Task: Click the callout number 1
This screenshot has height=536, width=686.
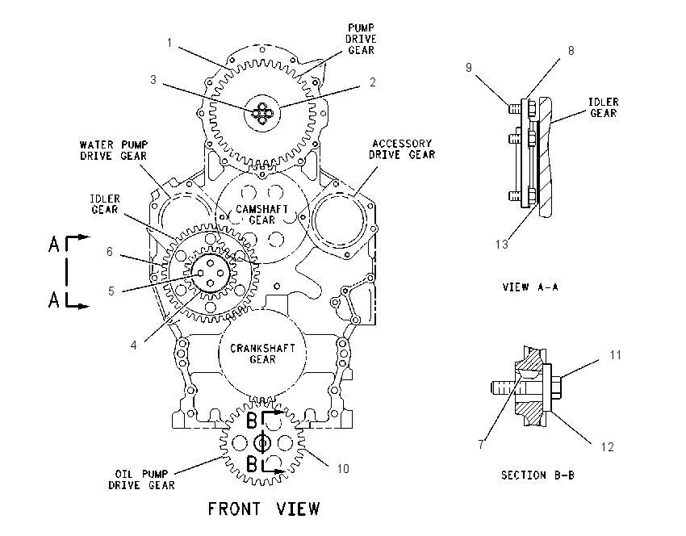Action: [169, 43]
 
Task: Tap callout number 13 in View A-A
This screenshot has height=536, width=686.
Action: [502, 244]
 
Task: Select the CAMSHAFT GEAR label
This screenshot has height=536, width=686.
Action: [262, 215]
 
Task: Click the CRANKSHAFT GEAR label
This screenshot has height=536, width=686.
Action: [262, 354]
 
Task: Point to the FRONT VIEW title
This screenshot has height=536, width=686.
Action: [264, 509]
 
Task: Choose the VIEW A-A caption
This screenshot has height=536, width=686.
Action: [530, 287]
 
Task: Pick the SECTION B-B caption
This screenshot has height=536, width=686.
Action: [538, 475]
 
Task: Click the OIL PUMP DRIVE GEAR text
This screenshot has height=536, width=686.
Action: [141, 479]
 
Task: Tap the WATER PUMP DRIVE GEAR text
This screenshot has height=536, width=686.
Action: [114, 150]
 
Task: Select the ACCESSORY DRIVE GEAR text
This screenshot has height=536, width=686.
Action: [402, 149]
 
